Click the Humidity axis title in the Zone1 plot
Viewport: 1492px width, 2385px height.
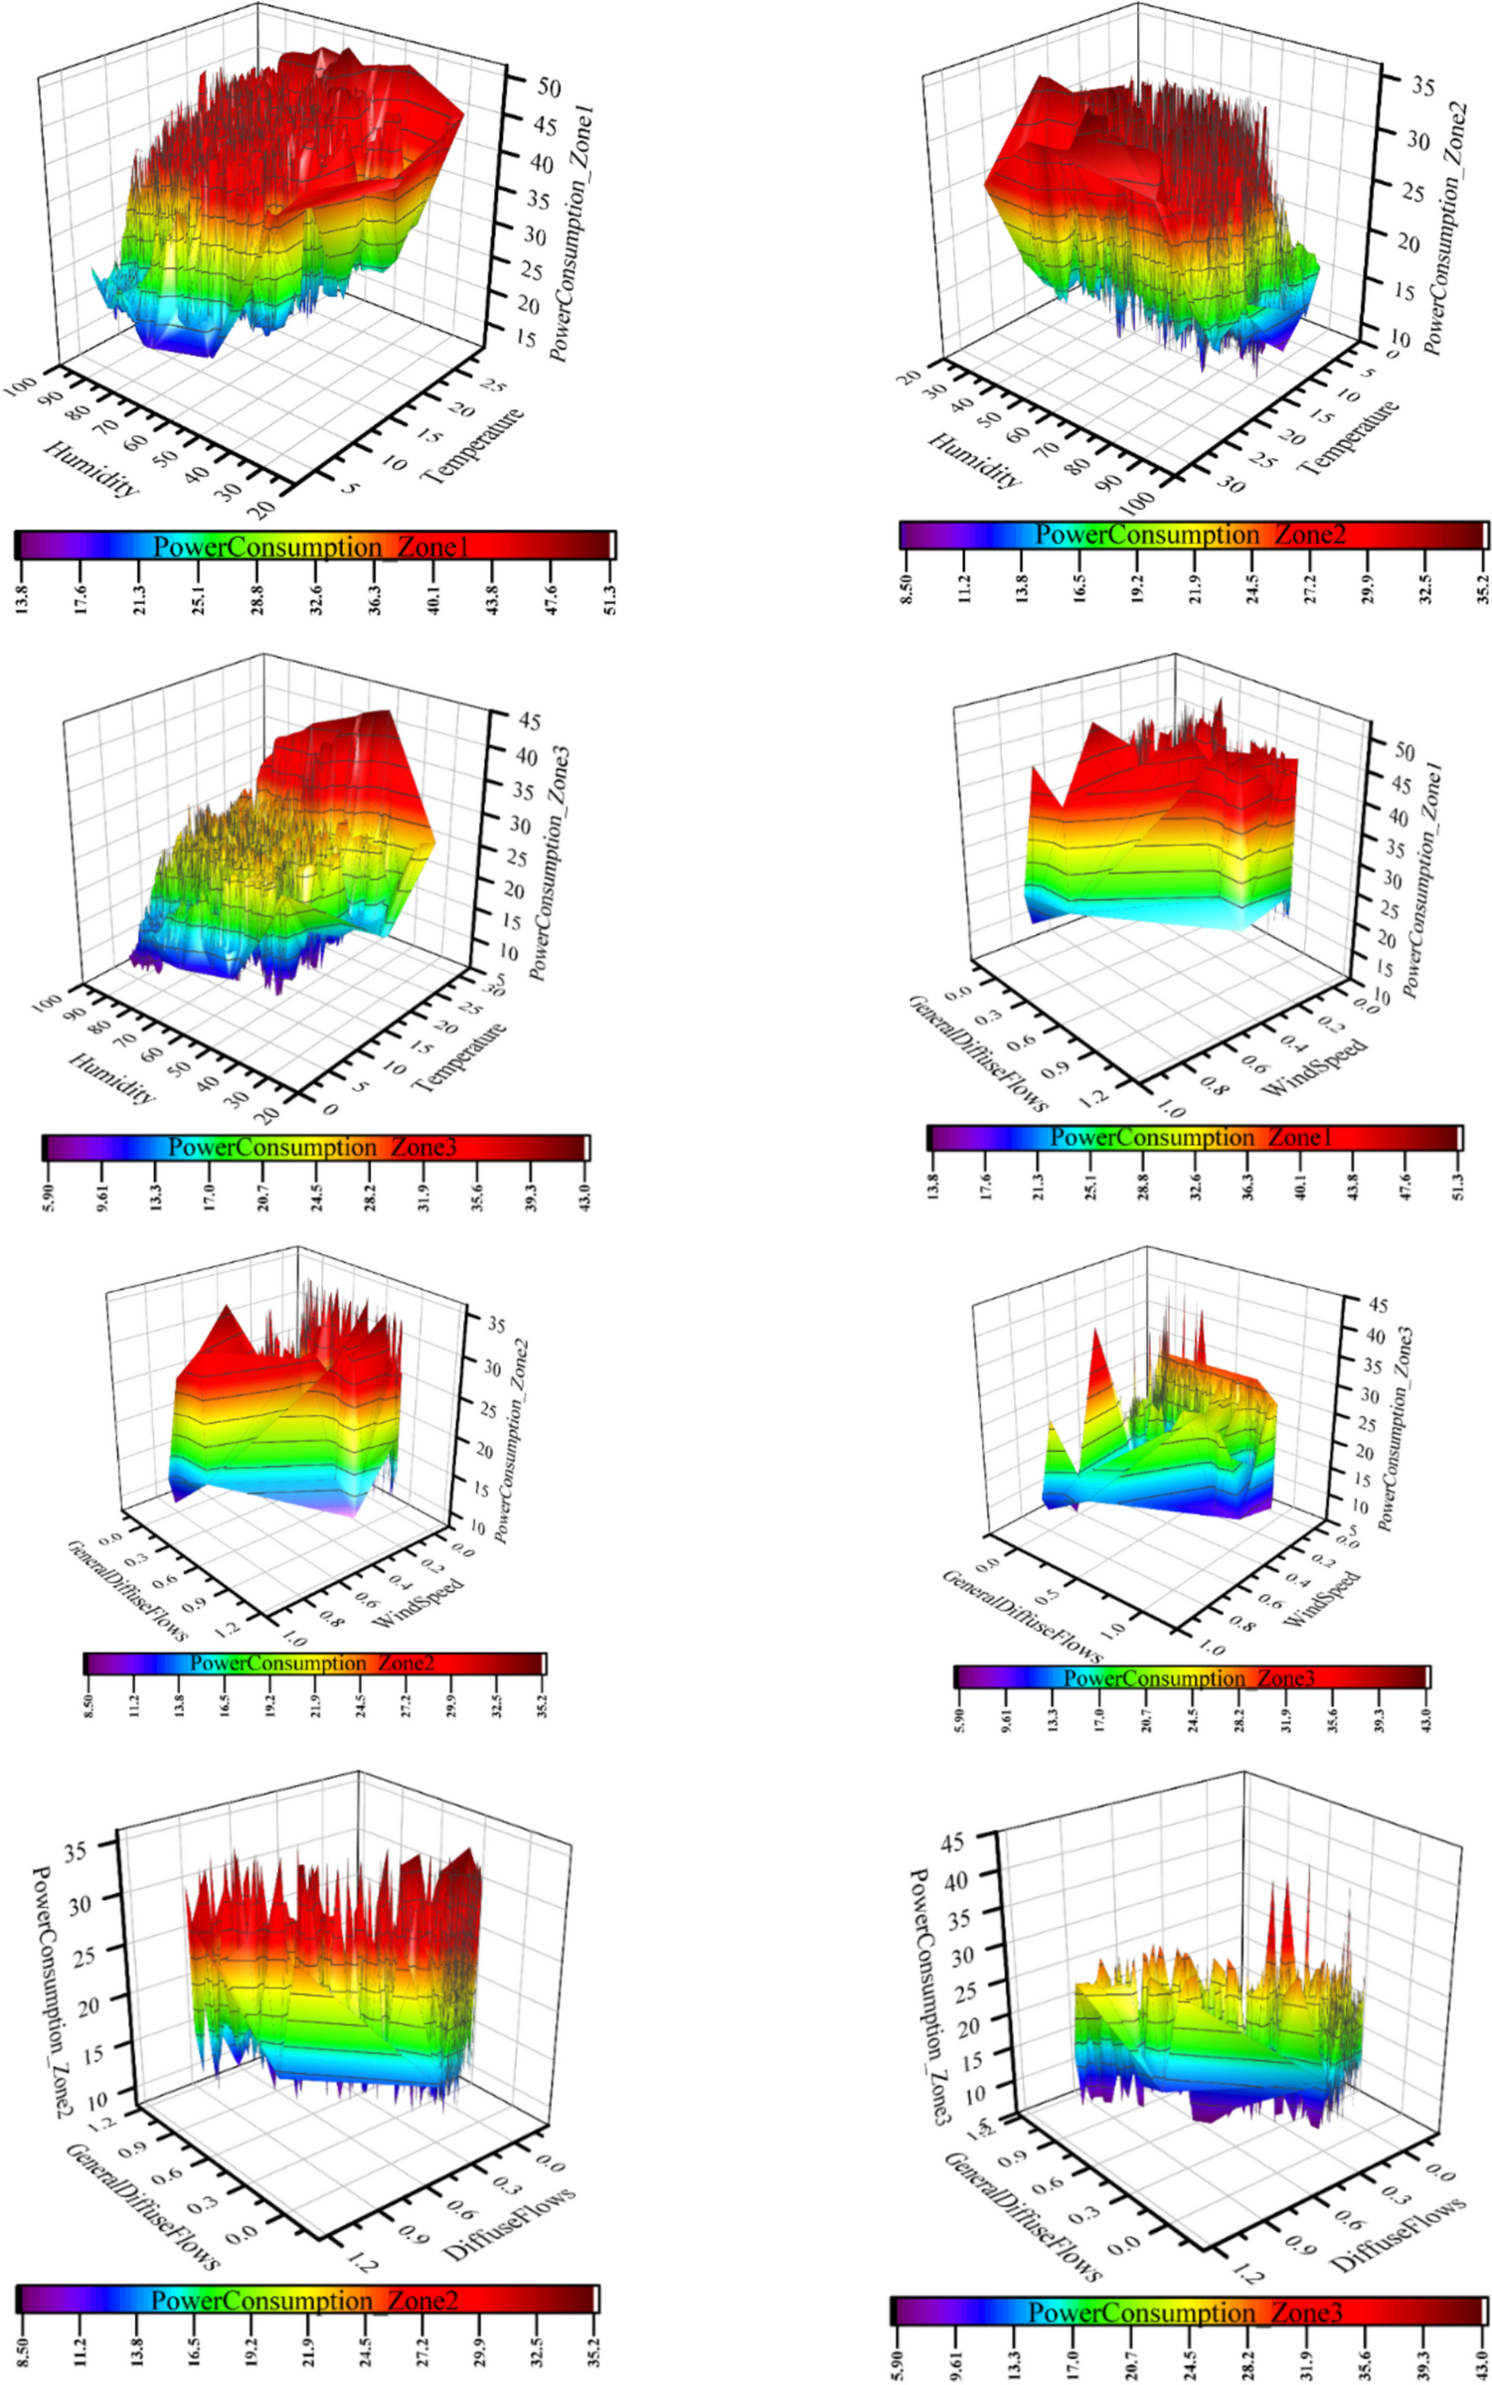coord(91,468)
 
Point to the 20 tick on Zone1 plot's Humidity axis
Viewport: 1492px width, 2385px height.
coord(262,510)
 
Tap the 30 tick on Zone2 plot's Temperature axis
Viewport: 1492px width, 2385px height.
coord(1231,486)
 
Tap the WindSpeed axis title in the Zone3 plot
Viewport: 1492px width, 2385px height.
coord(1322,1599)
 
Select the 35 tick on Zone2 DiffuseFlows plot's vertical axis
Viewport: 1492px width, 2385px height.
coord(77,1850)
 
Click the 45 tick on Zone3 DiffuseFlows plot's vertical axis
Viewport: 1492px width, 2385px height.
coord(951,1842)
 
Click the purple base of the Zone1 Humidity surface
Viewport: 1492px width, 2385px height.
coord(179,343)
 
